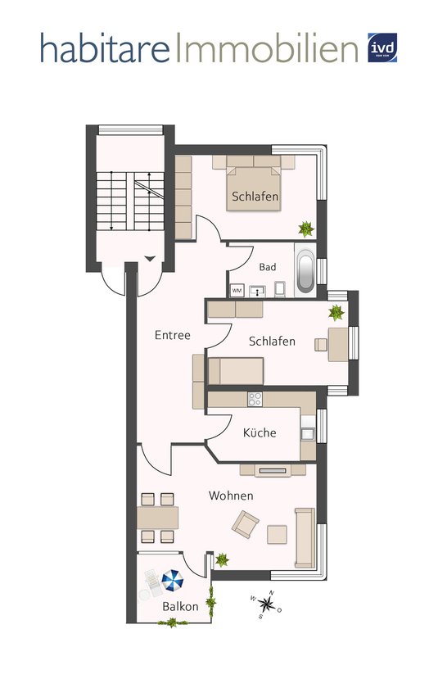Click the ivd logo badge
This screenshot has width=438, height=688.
382,48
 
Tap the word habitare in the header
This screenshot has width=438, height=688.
105,48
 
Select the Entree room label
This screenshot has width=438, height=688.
172,335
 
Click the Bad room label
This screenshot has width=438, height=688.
268,267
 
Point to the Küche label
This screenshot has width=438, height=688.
260,432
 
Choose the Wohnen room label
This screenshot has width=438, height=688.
231,496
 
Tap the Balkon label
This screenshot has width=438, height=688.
180,606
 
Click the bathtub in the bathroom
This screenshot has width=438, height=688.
305,270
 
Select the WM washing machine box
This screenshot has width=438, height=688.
237,291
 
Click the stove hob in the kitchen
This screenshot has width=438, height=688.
255,400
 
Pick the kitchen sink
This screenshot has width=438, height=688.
308,433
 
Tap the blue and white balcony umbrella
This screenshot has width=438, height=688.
172,581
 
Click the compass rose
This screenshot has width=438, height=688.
266,604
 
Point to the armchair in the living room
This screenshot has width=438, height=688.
246,524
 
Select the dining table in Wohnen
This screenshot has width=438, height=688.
158,518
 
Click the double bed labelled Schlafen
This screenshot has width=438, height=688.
254,183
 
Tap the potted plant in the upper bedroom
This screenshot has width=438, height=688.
306,229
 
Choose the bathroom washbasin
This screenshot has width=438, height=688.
257,291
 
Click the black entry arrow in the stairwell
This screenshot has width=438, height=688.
150,259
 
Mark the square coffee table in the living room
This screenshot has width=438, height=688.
277,535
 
